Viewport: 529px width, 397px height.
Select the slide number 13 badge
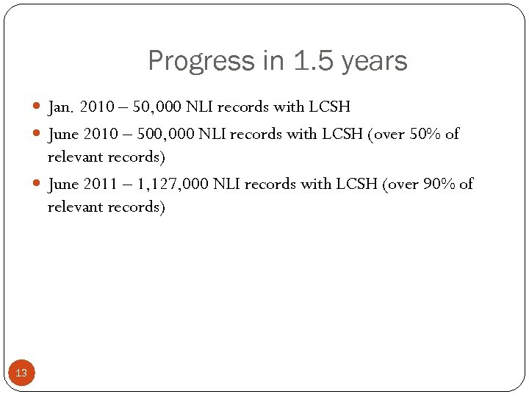point(21,373)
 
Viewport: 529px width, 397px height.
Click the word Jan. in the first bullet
point(60,107)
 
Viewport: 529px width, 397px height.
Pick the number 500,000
point(164,134)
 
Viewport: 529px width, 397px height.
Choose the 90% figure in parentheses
point(439,184)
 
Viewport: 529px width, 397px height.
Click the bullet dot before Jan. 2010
point(38,107)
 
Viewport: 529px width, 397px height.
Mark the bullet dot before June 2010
point(38,134)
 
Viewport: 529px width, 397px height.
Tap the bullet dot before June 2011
point(38,184)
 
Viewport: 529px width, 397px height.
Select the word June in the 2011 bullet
point(62,184)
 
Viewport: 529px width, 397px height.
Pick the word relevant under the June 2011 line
point(76,207)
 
